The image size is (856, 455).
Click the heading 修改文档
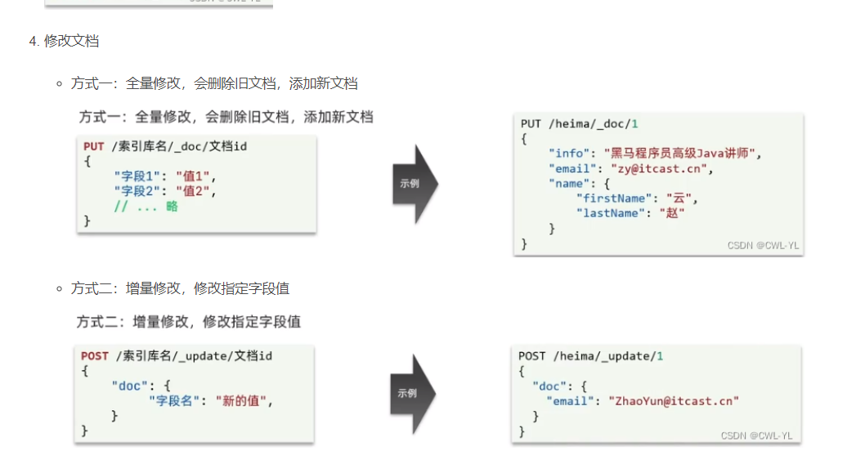(72, 40)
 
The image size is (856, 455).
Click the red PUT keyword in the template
(93, 146)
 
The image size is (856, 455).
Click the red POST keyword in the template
(94, 355)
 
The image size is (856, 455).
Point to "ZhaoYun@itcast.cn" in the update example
(667, 400)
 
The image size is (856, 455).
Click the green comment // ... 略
(146, 206)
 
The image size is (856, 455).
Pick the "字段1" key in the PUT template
(138, 176)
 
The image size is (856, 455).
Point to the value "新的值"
(243, 400)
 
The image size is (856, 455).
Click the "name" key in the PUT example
(570, 184)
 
